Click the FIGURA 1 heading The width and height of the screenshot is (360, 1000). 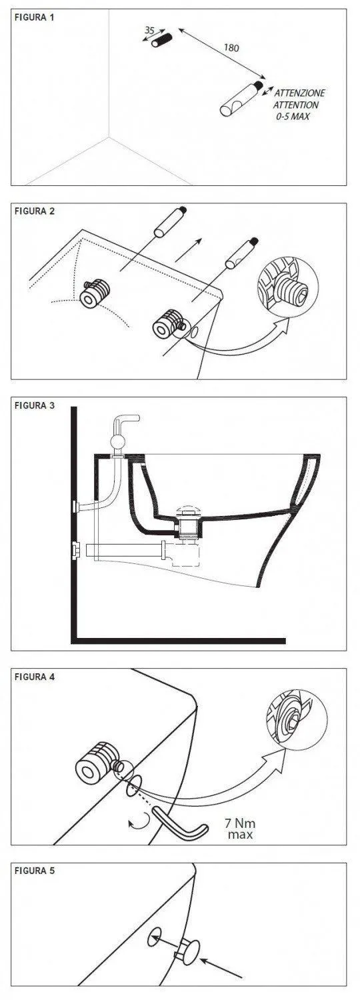coord(35,18)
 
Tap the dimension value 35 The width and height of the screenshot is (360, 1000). coord(149,31)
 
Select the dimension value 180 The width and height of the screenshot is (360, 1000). coord(231,48)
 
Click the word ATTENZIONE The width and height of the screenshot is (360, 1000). coord(299,93)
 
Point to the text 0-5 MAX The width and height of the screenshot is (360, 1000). coord(293,117)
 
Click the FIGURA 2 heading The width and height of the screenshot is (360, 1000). coord(35,211)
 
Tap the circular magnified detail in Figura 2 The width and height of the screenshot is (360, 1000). coord(287,287)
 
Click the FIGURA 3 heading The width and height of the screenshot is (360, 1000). coord(35,405)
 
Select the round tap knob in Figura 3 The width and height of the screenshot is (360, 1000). coord(118,443)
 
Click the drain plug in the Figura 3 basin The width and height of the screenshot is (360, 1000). coord(189,511)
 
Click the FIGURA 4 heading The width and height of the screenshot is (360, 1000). coord(35,677)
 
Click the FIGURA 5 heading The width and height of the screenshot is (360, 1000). coord(35,871)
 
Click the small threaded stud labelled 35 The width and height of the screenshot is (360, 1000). coord(161,40)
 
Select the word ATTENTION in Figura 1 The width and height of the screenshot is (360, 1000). coord(296,105)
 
